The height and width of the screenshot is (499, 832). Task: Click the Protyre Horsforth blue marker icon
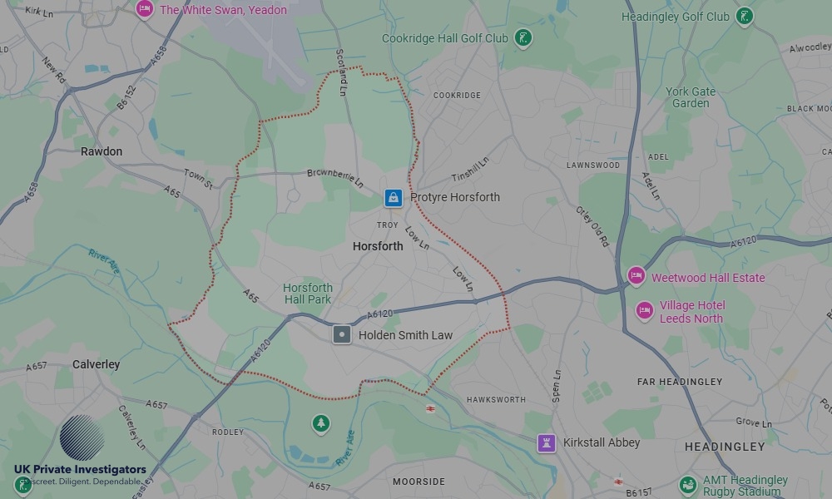click(x=393, y=198)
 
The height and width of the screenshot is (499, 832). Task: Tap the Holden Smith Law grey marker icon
click(x=341, y=335)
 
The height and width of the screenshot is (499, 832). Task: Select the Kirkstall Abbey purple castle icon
click(x=546, y=442)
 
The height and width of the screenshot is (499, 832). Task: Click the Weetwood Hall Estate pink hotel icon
click(x=636, y=276)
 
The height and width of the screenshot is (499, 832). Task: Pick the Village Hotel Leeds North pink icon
click(x=644, y=311)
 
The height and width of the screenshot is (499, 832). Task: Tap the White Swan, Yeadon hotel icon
click(x=145, y=9)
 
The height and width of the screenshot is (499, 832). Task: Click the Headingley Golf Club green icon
click(x=745, y=16)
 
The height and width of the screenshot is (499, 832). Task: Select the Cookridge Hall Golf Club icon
click(x=522, y=37)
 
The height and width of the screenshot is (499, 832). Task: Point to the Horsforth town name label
click(x=378, y=246)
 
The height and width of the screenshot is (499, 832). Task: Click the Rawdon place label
click(x=102, y=151)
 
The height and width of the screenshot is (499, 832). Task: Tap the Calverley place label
click(x=97, y=364)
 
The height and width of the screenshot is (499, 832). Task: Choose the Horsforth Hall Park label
click(x=308, y=294)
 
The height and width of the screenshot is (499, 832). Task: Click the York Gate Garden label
click(x=691, y=97)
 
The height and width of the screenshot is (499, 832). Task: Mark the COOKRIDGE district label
click(x=457, y=96)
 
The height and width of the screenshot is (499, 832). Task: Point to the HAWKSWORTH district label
click(x=496, y=400)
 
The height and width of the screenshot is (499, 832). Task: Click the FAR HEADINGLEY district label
click(x=680, y=382)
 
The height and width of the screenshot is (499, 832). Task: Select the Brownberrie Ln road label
click(x=336, y=177)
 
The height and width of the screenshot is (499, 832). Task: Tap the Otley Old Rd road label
click(x=592, y=225)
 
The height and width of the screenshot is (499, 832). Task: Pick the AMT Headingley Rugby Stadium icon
click(x=687, y=484)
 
